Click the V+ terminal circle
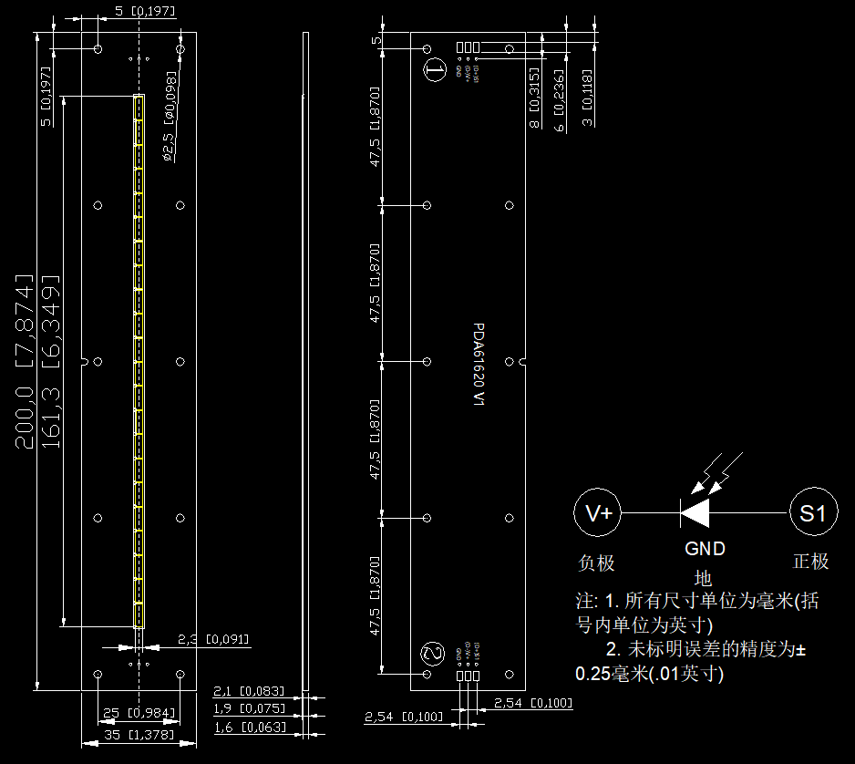599,513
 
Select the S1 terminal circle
812,513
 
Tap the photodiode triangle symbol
695,513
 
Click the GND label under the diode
705,549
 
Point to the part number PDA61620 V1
479,365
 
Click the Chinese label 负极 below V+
597,563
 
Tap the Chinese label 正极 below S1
811,562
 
